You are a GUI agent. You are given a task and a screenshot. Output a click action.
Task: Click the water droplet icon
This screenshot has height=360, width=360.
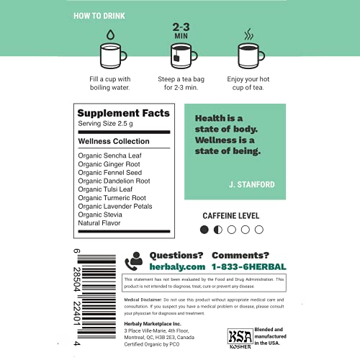(109, 33)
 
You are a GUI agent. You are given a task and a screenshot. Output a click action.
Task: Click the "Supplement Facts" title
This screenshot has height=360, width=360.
(123, 113)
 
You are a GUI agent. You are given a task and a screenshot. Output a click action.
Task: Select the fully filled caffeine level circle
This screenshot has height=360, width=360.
(204, 230)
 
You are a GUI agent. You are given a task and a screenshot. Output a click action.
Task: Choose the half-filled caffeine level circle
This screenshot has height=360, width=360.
(217, 230)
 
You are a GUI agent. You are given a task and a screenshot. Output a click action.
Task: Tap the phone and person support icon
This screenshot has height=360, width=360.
(134, 261)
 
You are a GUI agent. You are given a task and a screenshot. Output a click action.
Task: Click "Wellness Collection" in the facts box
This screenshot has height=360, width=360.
(113, 142)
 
